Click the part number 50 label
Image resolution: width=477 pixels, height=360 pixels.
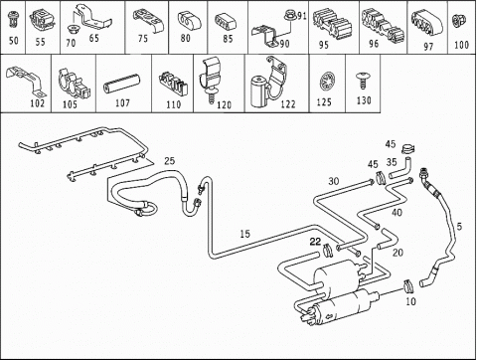tap(14, 41)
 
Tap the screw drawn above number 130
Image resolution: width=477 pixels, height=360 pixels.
tap(362, 81)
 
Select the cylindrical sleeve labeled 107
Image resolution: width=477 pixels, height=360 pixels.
tap(121, 86)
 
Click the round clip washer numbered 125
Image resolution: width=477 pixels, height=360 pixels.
tap(326, 83)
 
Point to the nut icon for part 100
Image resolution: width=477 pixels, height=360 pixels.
tap(461, 21)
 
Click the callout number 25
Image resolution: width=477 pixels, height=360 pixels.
tap(169, 161)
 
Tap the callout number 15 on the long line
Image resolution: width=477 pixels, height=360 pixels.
tap(244, 234)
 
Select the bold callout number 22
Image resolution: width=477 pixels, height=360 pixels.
tap(315, 242)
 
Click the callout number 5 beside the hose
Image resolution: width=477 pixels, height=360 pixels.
tap(459, 227)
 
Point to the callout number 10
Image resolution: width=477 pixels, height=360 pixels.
tap(410, 301)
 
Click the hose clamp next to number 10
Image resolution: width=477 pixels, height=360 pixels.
tap(408, 286)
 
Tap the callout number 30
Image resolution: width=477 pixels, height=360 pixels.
tap(334, 181)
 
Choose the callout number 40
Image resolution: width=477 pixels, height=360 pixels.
tap(397, 212)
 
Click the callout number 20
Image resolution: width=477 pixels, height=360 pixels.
tap(397, 253)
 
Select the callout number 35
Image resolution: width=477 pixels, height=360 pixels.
tap(392, 162)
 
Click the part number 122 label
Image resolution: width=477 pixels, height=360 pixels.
tap(288, 104)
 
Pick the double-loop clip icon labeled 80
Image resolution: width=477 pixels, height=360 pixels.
tap(189, 21)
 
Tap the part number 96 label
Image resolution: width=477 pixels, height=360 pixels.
tap(374, 44)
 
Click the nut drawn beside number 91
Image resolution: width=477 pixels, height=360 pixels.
tap(289, 15)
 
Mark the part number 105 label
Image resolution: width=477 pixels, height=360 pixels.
tap(70, 104)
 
